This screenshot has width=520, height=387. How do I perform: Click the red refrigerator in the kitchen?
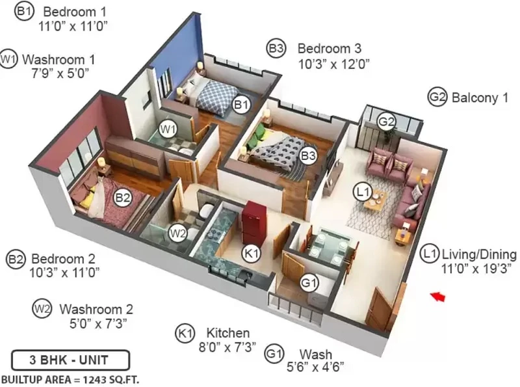click(253, 222)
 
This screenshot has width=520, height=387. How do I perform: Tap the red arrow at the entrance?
click(437, 296)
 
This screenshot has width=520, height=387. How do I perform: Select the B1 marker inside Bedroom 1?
click(241, 105)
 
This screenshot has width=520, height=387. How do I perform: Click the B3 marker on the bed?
click(307, 155)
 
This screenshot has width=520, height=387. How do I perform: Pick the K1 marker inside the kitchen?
click(251, 254)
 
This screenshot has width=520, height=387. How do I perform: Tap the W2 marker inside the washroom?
click(177, 233)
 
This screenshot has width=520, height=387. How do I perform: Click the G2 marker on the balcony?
click(386, 122)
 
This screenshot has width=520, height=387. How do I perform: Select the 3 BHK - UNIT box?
click(70, 360)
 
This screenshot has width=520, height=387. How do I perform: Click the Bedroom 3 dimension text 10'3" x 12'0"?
click(334, 64)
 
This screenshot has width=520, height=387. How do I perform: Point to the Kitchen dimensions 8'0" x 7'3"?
click(227, 347)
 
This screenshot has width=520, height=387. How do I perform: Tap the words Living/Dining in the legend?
click(479, 254)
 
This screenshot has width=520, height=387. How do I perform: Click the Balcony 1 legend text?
click(480, 98)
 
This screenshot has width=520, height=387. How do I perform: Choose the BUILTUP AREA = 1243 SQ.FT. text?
click(70, 380)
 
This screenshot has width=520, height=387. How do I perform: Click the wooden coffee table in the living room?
click(376, 201)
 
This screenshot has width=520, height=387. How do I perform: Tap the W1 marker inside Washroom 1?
click(168, 129)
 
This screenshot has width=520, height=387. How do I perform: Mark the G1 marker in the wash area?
click(309, 283)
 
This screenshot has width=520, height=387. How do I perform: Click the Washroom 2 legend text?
click(96, 309)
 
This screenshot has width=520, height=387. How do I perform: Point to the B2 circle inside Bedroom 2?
click(122, 198)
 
